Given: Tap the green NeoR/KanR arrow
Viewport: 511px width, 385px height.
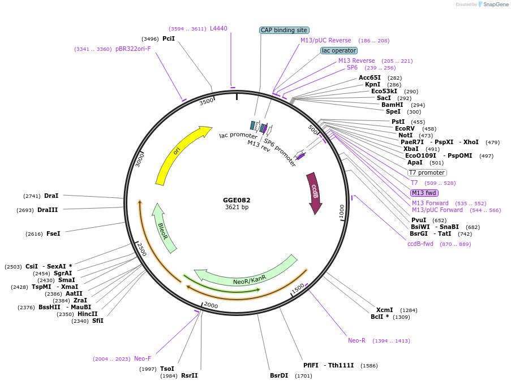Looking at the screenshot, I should (249, 278).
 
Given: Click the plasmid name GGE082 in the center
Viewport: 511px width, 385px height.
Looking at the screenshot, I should (237, 200).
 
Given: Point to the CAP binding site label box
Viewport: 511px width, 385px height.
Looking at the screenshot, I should (285, 30).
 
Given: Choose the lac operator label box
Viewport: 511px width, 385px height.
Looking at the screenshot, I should (338, 50).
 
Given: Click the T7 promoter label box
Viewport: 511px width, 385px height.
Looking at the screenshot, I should (427, 172).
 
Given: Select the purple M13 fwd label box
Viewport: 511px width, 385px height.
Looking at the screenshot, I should (424, 193).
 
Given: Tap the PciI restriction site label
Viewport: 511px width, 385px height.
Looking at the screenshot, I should (169, 38).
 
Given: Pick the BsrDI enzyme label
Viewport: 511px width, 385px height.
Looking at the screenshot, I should (279, 375).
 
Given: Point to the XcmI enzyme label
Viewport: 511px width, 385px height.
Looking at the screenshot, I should (384, 310).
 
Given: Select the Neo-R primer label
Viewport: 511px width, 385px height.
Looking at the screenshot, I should (357, 340).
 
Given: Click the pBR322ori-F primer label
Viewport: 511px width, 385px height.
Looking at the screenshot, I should (133, 49).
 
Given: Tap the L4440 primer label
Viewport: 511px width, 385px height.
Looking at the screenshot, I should (218, 28).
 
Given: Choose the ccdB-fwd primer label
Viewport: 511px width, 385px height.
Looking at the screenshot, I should (420, 244).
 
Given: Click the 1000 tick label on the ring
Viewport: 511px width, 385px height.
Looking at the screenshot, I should (341, 211).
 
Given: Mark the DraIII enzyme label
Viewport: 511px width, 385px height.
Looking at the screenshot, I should (48, 210).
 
